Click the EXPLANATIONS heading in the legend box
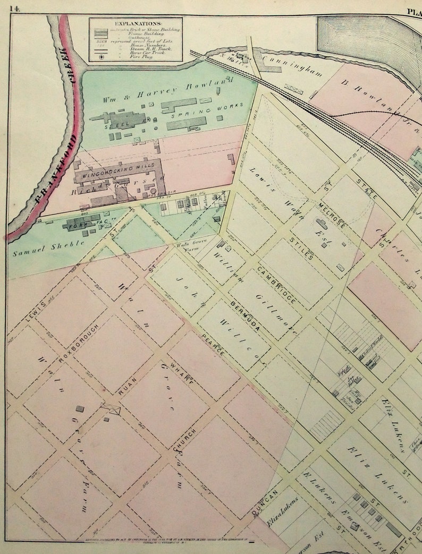(136, 24)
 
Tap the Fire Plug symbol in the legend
(97, 56)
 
